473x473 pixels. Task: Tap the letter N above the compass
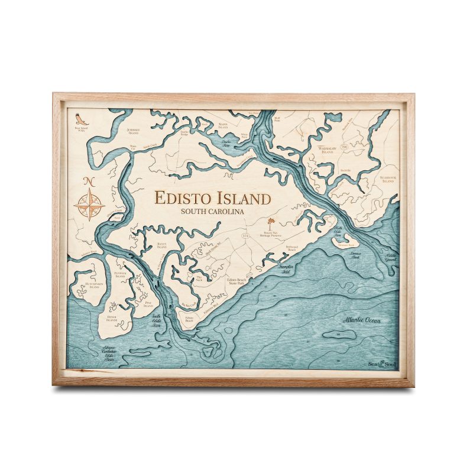click(x=89, y=182)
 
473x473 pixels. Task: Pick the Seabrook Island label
click(x=387, y=179)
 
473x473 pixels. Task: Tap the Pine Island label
click(x=148, y=304)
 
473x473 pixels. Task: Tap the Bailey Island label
click(x=162, y=245)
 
